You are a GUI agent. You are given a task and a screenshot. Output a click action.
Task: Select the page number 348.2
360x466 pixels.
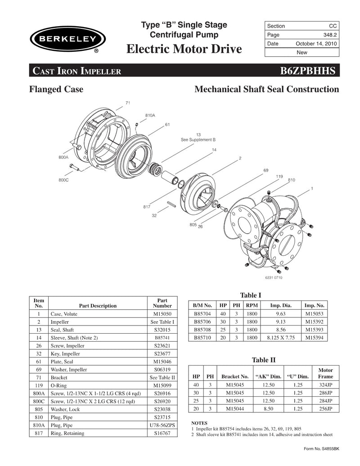pos(328,35)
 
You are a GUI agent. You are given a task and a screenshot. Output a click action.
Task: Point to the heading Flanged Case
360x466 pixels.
pos(56,90)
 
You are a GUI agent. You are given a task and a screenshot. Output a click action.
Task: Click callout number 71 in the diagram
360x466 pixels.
pos(128,103)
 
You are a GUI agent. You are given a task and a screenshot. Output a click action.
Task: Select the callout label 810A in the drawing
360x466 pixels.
pos(150,116)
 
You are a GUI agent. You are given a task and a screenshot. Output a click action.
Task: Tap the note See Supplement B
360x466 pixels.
pos(198,140)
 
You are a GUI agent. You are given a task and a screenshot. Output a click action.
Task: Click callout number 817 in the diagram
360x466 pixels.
pos(147,207)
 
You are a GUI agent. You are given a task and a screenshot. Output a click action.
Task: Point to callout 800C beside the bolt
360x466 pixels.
pos(63,180)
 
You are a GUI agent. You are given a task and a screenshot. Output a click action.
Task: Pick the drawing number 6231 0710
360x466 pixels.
pos(273,278)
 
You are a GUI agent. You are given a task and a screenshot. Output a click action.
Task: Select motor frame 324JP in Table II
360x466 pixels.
pos(325,385)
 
